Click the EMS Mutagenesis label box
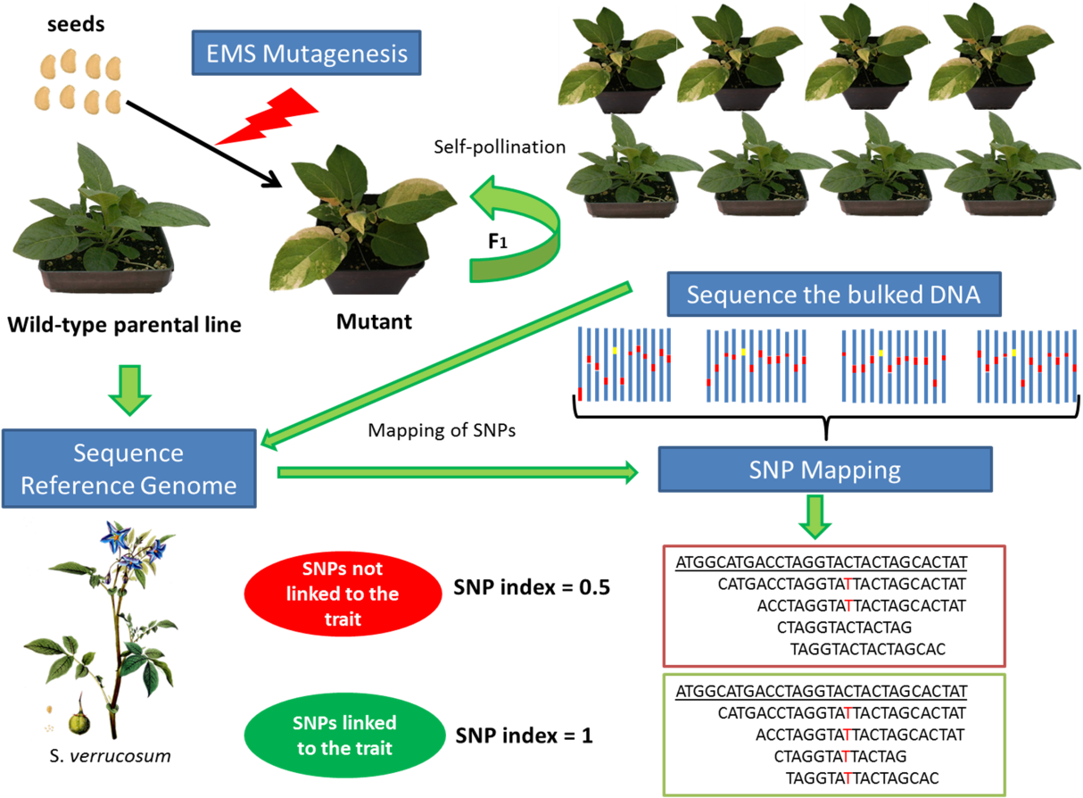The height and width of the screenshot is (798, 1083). click(306, 54)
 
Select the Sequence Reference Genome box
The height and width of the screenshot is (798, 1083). click(129, 469)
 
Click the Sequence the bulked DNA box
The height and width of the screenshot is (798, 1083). click(833, 295)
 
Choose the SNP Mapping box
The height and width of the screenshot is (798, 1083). click(824, 470)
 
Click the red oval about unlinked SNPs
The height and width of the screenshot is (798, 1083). click(343, 594)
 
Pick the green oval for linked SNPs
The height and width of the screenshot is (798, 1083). click(344, 735)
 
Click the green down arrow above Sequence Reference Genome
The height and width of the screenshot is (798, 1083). click(130, 390)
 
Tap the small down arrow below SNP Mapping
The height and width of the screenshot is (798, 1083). click(814, 517)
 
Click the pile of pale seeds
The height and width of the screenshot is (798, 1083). click(79, 80)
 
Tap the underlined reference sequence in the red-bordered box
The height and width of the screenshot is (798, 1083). click(821, 563)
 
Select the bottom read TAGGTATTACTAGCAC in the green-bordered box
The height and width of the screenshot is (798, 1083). click(862, 778)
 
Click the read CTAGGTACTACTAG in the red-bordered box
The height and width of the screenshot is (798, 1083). click(844, 628)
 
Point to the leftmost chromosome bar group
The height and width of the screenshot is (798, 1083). click(624, 364)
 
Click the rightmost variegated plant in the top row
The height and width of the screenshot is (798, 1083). click(975, 58)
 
